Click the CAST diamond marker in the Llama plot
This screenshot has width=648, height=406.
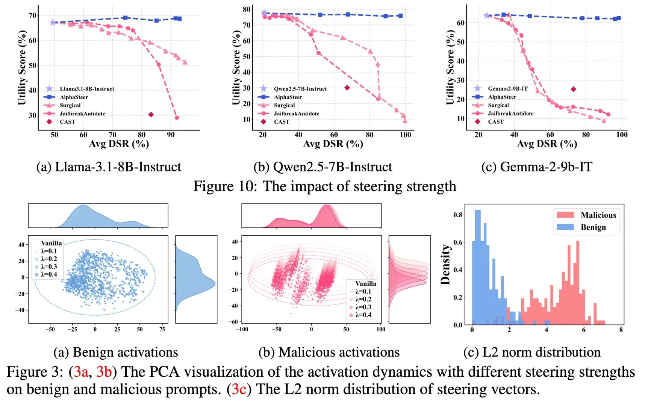tap(151, 115)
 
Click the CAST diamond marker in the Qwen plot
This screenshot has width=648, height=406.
tap(347, 88)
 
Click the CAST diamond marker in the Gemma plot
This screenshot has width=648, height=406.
tap(573, 89)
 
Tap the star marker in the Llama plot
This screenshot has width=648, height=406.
tap(53, 23)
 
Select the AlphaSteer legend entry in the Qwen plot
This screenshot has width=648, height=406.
tap(288, 97)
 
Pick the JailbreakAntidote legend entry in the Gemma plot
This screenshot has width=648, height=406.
tap(510, 114)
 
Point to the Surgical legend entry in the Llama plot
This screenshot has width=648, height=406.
tap(70, 105)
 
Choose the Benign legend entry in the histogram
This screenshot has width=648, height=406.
tap(593, 227)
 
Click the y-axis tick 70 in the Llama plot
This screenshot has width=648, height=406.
tap(32, 15)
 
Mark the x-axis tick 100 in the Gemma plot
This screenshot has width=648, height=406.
tap(622, 135)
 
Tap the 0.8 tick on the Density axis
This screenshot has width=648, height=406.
tap(458, 215)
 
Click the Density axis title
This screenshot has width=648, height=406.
tap(445, 265)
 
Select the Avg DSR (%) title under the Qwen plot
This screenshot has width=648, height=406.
tap(333, 144)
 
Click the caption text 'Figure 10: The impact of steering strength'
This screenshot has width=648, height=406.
tap(324, 186)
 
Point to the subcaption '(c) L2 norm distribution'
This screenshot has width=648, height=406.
tap(532, 352)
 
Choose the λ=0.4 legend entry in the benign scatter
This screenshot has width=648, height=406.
tap(49, 274)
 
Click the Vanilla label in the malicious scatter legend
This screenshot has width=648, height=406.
tap(366, 283)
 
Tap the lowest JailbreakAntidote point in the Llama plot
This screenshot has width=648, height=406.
tap(177, 118)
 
